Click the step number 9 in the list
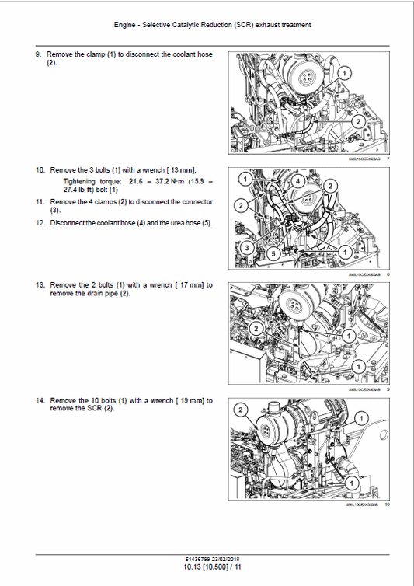tap(38, 54)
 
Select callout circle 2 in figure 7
tap(357, 122)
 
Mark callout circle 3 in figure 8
tap(245, 247)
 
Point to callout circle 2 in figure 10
tap(242, 410)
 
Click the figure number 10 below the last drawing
tap(387, 504)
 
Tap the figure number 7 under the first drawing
tap(388, 159)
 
